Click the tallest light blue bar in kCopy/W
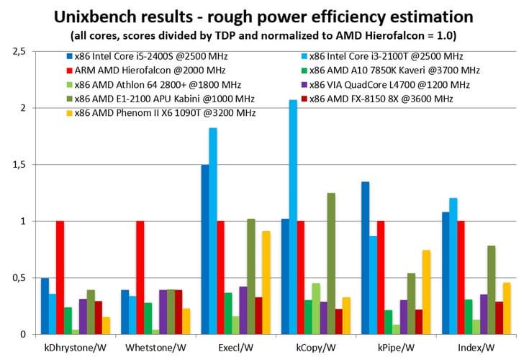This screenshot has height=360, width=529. click(x=293, y=217)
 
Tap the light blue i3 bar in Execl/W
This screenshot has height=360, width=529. click(x=213, y=230)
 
